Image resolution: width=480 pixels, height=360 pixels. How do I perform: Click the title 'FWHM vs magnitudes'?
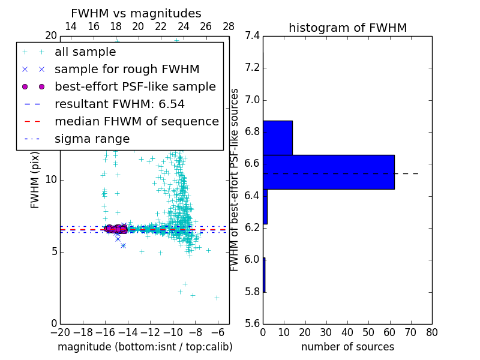pyautogui.click(x=136, y=13)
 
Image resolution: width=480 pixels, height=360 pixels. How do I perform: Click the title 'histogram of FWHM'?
pyautogui.click(x=347, y=28)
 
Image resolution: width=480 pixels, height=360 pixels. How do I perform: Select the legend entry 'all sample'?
pyautogui.click(x=85, y=52)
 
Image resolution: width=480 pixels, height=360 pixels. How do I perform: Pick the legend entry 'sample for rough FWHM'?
pyautogui.click(x=127, y=69)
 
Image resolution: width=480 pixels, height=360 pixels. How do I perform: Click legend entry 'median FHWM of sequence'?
pyautogui.click(x=136, y=121)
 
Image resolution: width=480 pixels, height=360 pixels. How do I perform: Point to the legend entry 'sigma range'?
pyautogui.click(x=92, y=139)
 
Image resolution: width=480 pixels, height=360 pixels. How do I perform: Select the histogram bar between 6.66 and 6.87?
pyautogui.click(x=277, y=137)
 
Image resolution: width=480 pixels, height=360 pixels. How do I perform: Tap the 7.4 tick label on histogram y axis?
pyautogui.click(x=252, y=35)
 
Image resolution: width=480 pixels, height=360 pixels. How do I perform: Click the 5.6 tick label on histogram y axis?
pyautogui.click(x=252, y=323)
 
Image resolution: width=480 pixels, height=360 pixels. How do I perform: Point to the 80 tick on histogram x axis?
pyautogui.click(x=431, y=332)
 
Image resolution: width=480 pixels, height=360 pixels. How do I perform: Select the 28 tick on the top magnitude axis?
pyautogui.click(x=229, y=26)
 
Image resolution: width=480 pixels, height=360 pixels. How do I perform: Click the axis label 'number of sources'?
pyautogui.click(x=347, y=347)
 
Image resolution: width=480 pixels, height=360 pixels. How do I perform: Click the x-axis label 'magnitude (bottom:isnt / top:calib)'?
pyautogui.click(x=145, y=347)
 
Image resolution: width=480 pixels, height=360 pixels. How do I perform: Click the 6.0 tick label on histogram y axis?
pyautogui.click(x=252, y=259)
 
